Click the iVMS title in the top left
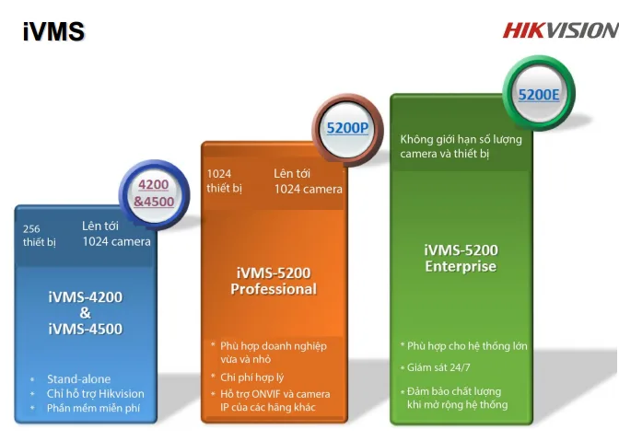coord(53,31)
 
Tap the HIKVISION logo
coord(561,30)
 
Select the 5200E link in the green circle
coord(539,95)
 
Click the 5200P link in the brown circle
coord(347,128)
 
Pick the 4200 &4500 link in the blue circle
coord(154,193)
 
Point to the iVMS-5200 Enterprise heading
coord(461,258)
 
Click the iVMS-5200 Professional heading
coord(274,281)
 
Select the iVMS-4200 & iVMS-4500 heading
coord(86,313)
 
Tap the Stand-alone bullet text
coord(78,379)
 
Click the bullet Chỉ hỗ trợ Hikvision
coord(96,394)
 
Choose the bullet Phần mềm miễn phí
coord(93,408)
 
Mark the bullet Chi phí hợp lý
coord(251,377)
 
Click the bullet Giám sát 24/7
coord(438,367)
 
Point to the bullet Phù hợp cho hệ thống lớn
coord(467,346)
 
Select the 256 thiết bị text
coord(39,236)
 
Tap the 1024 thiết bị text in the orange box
coord(224,181)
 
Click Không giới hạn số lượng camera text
coord(461,146)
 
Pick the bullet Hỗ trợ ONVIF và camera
coord(275,400)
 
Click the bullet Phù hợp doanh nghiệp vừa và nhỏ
coord(274,353)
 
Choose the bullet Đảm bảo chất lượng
coord(457,398)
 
